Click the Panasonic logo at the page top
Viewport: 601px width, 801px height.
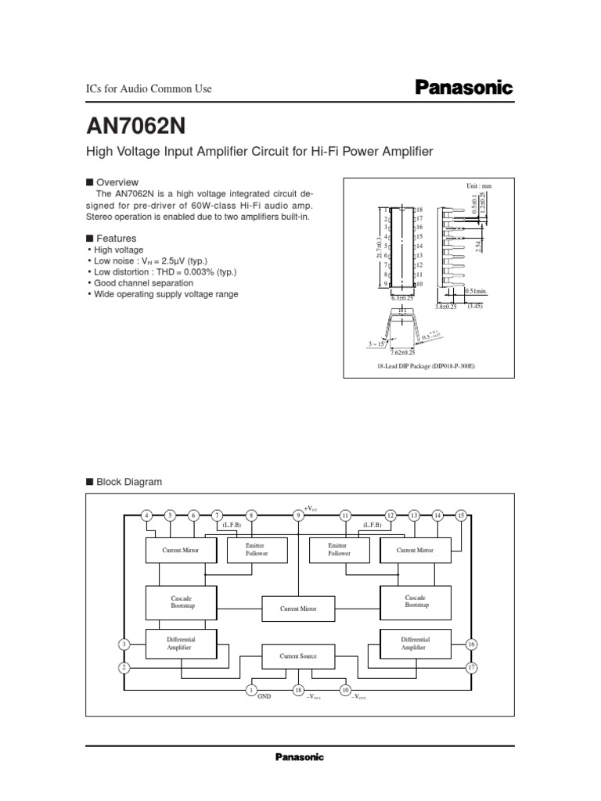[462, 88]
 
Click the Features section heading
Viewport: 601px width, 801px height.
[115, 238]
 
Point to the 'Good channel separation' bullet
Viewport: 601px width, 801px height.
[143, 283]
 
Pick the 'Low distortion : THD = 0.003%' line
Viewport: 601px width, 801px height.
[165, 272]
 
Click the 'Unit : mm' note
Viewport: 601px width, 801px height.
[479, 186]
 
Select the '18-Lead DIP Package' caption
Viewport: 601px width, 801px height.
[427, 366]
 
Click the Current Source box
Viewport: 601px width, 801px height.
[298, 656]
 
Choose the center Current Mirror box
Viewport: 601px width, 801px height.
[298, 607]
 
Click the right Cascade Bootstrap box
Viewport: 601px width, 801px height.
[416, 602]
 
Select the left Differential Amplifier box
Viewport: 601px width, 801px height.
[181, 643]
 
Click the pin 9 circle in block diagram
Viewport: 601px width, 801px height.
[298, 515]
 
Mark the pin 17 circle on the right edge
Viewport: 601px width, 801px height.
[471, 668]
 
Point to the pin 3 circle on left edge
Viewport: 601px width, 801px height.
[124, 644]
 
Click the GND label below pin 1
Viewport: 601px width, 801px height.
[264, 696]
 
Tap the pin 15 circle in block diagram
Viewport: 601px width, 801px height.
[462, 515]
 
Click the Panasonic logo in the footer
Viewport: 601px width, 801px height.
[299, 757]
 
